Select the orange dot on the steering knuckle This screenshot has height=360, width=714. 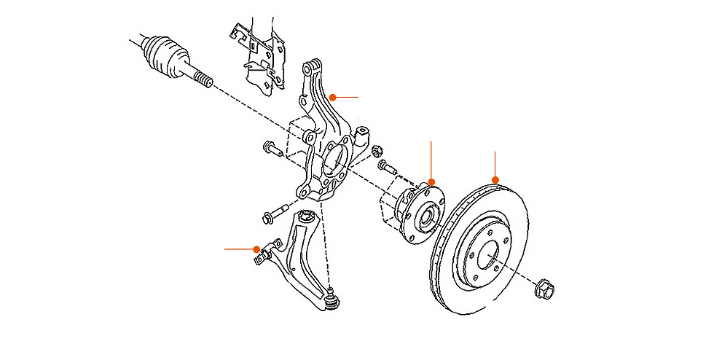tap(331, 96)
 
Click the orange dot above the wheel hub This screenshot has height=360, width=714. tap(431, 181)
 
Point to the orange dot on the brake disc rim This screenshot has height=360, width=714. tap(495, 179)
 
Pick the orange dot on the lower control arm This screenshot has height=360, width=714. tap(256, 249)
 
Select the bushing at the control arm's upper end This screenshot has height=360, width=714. tap(307, 216)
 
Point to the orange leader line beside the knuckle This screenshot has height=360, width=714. tap(346, 96)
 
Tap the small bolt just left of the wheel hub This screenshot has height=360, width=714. tap(387, 168)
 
